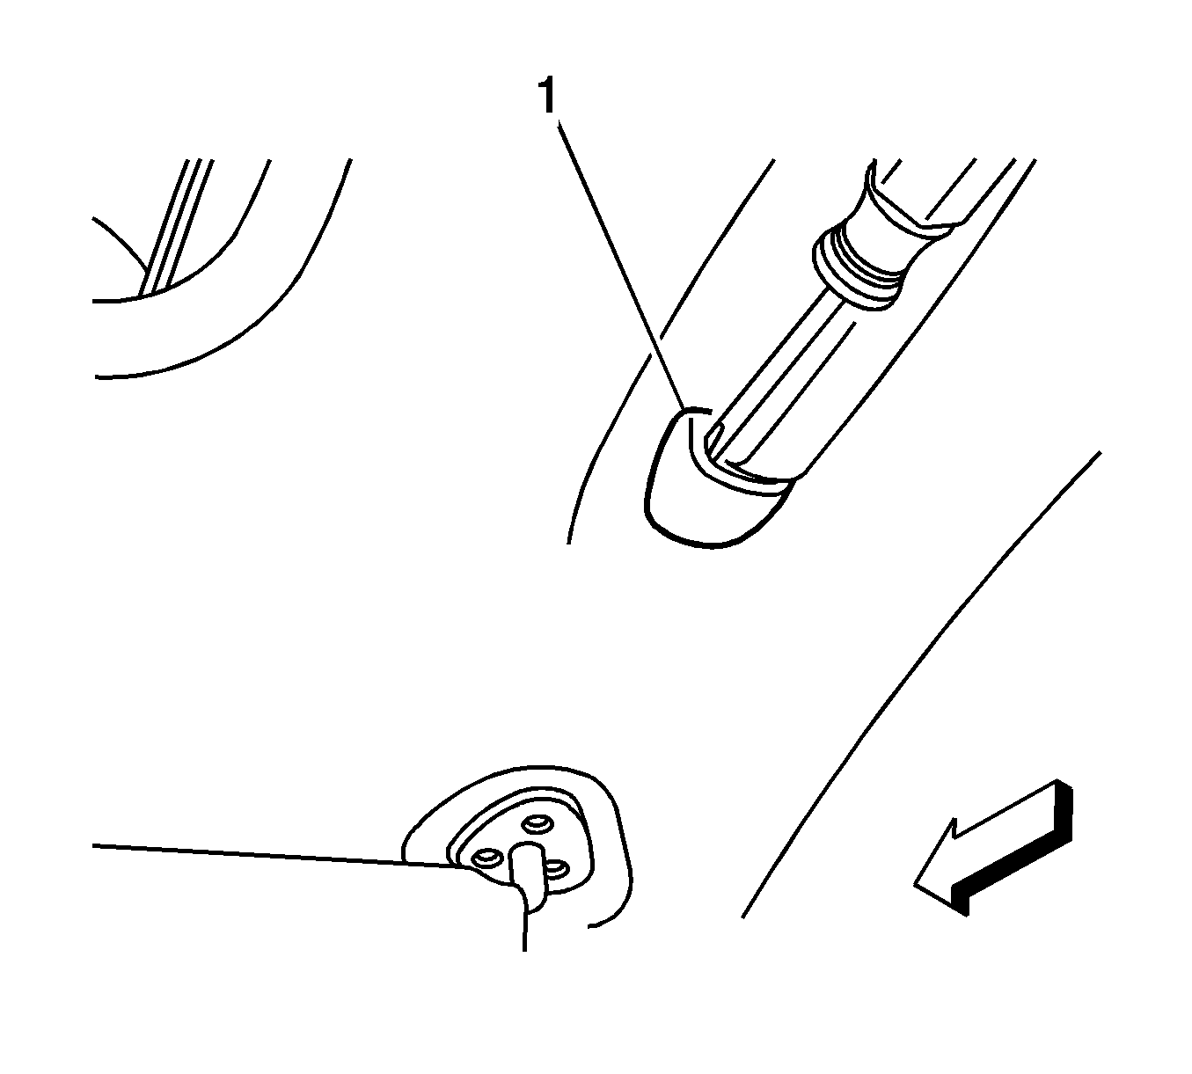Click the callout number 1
point(547,96)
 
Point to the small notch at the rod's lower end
point(713,442)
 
